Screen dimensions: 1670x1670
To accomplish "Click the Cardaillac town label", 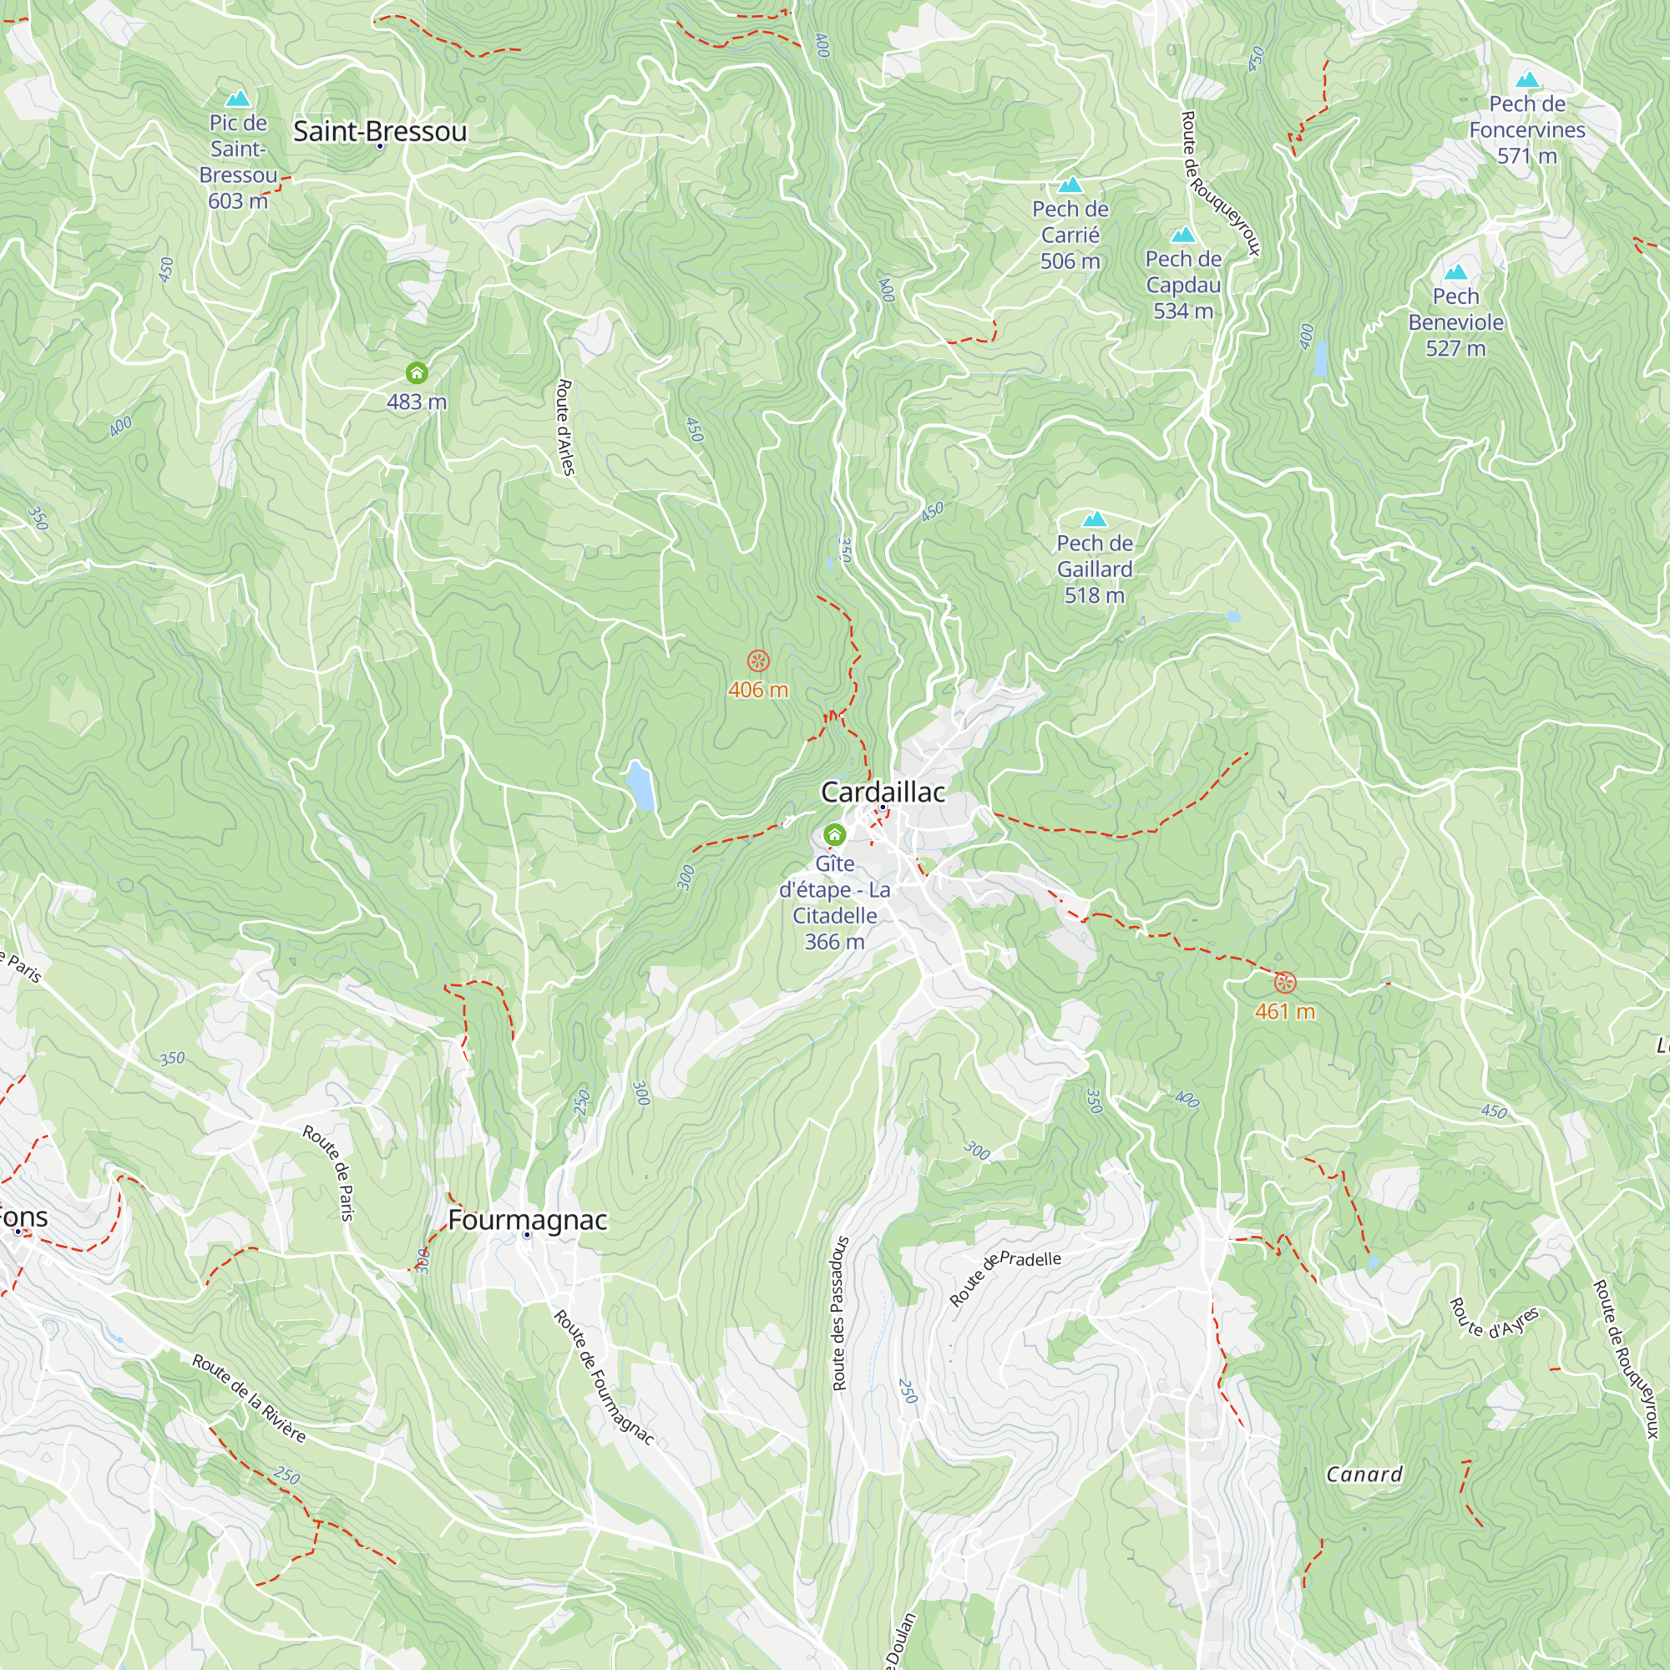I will point(883,792).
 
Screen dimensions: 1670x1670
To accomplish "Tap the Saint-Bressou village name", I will point(379,131).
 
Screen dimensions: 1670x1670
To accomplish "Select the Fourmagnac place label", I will point(527,1220).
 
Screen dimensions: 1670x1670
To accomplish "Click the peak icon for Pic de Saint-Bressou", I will point(238,99).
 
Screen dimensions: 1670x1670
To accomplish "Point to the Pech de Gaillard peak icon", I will point(1095,519).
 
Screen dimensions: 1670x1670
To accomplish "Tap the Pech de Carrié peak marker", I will point(1070,185).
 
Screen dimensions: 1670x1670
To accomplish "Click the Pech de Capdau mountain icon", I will point(1182,235).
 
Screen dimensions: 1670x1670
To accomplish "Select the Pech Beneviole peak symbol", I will point(1455,272).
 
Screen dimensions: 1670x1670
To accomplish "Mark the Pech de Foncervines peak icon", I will point(1526,80).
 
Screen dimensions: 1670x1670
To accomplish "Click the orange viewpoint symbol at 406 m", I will point(758,661).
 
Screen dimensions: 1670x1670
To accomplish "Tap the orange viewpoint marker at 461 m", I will point(1285,982).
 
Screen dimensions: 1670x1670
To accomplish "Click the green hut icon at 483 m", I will point(417,373).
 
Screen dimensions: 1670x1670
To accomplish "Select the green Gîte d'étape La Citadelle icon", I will point(834,834).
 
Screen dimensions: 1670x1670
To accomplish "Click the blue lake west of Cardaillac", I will point(640,784).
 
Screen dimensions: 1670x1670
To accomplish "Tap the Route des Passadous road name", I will point(839,1313).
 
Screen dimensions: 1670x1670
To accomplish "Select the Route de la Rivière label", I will point(249,1399).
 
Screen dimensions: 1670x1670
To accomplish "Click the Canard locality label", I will point(1364,1475).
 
